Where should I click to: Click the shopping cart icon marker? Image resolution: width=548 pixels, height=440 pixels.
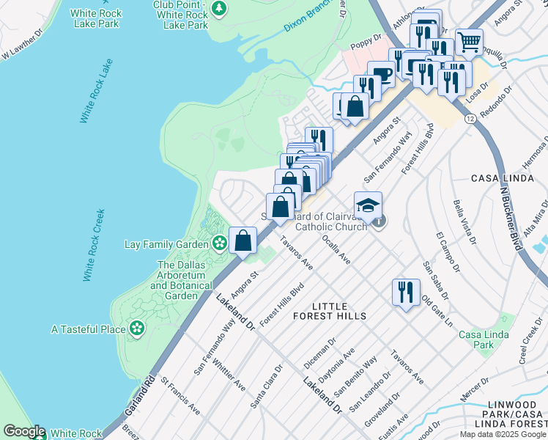point(469,40)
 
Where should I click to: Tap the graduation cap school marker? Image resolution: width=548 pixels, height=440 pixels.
point(368,204)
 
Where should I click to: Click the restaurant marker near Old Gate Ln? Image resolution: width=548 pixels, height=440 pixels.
point(405,291)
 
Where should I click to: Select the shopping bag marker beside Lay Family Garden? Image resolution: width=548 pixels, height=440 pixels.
point(242,239)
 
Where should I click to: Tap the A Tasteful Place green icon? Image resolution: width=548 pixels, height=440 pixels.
point(136,329)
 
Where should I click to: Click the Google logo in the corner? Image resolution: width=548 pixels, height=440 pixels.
point(23,431)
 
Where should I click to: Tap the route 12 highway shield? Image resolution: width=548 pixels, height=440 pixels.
point(469,117)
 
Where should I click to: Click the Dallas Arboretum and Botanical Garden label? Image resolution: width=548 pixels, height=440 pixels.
point(177,280)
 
